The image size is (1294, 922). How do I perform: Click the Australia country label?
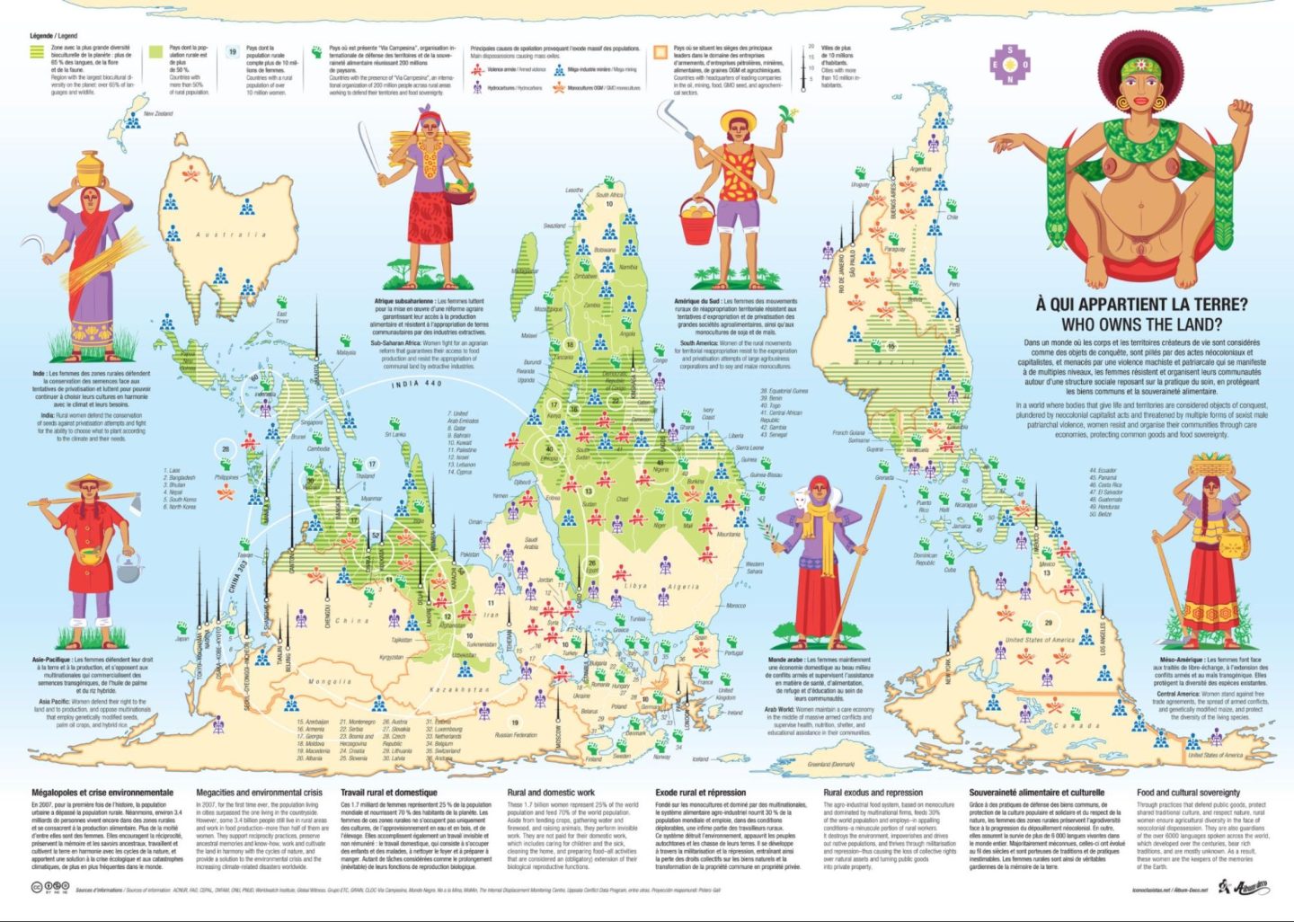tap(231, 235)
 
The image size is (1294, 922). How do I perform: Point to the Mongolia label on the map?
tap(330, 682)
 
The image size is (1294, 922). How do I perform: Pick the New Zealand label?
tap(158, 114)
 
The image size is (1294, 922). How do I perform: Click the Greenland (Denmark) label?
tap(831, 764)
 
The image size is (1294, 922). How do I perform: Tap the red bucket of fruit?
tap(697, 221)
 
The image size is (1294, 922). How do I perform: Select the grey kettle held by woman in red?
tap(129, 566)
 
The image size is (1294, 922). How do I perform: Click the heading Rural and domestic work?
tap(551, 793)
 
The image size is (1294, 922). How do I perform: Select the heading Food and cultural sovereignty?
tap(1188, 793)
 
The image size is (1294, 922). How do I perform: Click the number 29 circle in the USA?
tap(1048, 623)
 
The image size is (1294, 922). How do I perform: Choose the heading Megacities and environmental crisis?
tap(259, 793)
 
